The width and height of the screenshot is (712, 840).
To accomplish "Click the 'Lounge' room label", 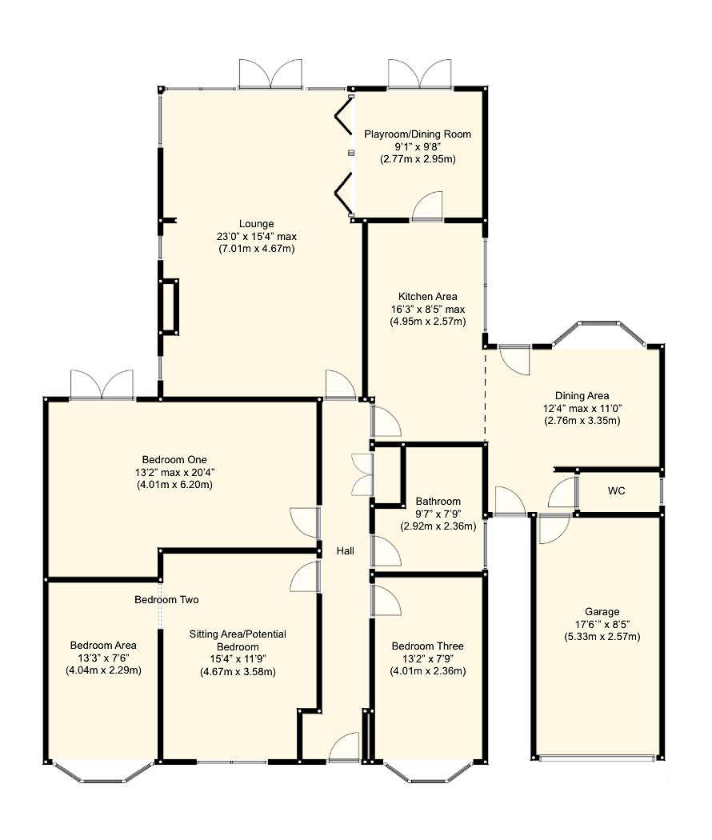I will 256,223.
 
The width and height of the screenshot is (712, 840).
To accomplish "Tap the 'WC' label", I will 616,490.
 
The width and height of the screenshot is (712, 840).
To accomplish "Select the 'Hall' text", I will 345,550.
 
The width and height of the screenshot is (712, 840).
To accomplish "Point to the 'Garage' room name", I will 602,611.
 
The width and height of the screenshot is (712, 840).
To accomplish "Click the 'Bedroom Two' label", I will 166,599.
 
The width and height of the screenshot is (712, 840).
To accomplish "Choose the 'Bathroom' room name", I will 438,502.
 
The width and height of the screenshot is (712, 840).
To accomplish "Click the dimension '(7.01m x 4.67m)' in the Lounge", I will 256,249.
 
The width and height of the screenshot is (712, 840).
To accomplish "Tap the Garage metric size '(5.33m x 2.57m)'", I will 602,637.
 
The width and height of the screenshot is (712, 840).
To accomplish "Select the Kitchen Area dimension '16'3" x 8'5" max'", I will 427,309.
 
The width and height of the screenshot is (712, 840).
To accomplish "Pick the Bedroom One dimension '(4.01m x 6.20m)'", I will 174,485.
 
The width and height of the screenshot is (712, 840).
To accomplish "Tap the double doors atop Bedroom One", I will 102,385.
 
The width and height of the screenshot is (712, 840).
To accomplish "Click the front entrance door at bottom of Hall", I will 344,749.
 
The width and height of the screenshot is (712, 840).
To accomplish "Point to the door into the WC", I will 563,494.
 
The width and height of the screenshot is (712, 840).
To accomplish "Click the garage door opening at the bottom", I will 598,758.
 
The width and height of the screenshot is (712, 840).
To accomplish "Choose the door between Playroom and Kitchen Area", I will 427,207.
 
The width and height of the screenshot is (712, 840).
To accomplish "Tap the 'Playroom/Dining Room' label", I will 418,134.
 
